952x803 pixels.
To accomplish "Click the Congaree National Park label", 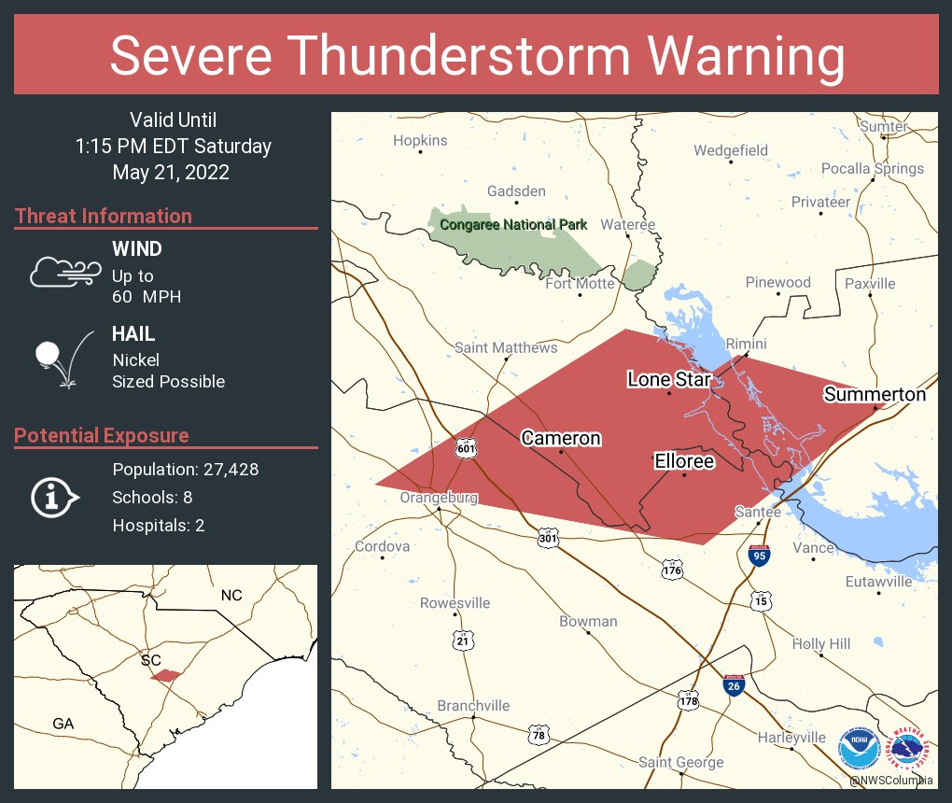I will (x=514, y=224).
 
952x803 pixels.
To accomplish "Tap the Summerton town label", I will (x=875, y=395).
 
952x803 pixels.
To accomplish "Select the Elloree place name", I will (x=683, y=461).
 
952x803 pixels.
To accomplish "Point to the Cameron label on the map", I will (x=561, y=438).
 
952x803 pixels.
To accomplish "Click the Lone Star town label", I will (x=669, y=379).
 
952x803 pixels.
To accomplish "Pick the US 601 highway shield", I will (x=466, y=448).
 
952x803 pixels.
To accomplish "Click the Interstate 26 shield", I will (x=734, y=685).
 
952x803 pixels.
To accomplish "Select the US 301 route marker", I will (x=548, y=539).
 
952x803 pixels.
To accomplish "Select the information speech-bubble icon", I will (x=56, y=498).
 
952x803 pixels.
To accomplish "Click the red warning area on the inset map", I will (x=165, y=675).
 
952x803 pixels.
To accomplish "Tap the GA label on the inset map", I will (x=63, y=724).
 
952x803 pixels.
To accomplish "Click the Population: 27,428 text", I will (x=185, y=469).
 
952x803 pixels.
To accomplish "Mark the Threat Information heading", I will (x=104, y=216).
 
